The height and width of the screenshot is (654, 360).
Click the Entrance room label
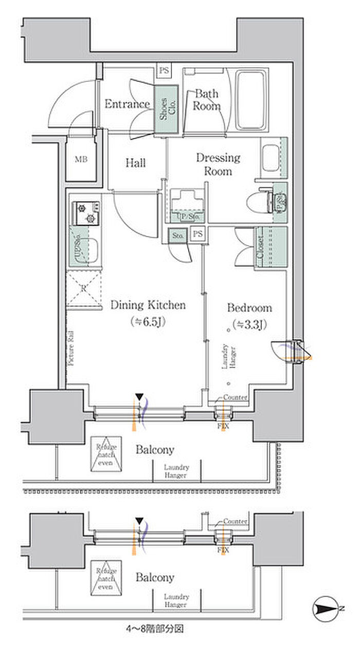(127, 104)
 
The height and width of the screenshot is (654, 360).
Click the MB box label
(81, 159)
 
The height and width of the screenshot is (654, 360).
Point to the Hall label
(136, 163)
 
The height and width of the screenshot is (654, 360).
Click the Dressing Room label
(218, 164)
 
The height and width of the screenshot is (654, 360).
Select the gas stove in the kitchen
(86, 213)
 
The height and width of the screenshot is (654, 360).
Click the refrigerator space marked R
(84, 288)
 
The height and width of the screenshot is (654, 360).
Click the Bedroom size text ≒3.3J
(249, 324)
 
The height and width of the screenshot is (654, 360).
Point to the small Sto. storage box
(178, 236)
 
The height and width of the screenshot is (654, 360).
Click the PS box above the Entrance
(164, 71)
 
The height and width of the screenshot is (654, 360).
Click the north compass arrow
(327, 609)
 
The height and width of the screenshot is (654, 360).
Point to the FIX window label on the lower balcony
(223, 550)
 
